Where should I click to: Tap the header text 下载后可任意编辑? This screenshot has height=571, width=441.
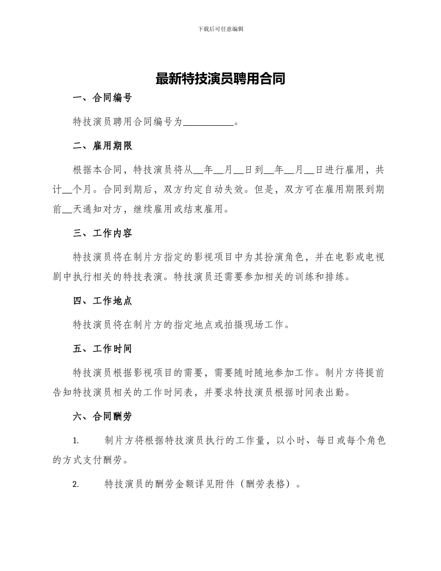220,29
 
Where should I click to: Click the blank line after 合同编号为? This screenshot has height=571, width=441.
209,123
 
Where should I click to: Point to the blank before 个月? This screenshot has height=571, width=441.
67,190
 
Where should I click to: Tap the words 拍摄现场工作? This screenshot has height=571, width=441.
255,325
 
